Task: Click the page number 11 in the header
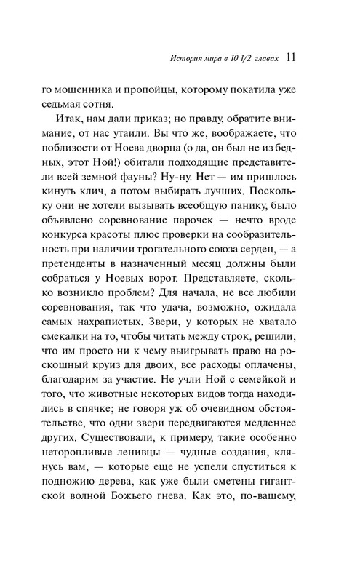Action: (x=290, y=57)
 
